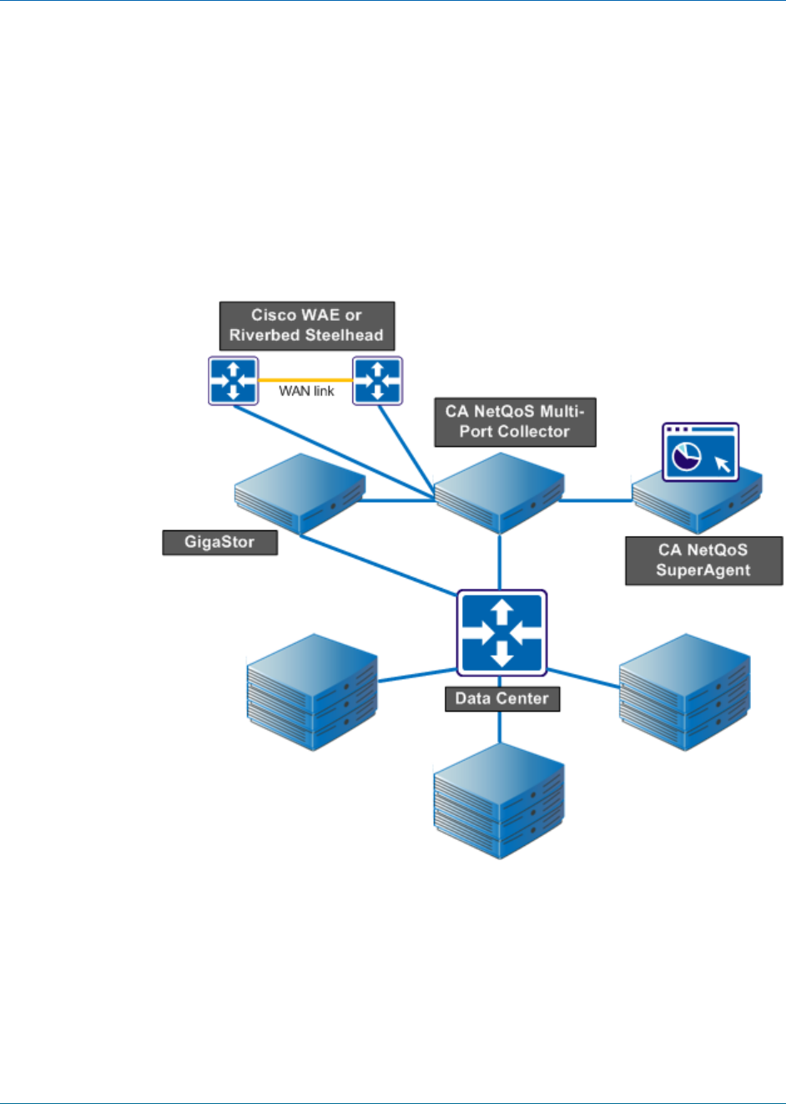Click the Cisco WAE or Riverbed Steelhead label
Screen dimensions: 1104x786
click(x=306, y=326)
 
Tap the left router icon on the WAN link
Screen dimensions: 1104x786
click(x=233, y=381)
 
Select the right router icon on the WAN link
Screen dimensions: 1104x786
click(x=377, y=381)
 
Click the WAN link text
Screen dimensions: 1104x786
click(x=306, y=391)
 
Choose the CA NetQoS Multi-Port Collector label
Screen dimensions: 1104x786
click(x=515, y=422)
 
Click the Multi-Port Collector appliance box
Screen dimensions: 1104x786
click(x=499, y=493)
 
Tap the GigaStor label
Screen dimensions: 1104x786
click(x=219, y=542)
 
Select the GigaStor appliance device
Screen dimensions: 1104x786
click(x=300, y=493)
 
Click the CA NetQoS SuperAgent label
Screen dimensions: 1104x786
click(x=703, y=560)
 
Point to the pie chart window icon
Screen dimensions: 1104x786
click(x=700, y=451)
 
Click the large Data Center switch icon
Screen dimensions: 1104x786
click(x=501, y=633)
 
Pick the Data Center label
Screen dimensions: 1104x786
click(x=501, y=699)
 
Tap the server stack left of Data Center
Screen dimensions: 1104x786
click(x=312, y=692)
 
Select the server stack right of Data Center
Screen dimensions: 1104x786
click(x=684, y=692)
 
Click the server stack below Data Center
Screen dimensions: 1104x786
click(x=499, y=801)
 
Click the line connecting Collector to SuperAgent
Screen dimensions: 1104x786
click(x=597, y=501)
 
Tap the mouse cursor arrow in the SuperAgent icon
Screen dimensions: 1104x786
click(x=723, y=463)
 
